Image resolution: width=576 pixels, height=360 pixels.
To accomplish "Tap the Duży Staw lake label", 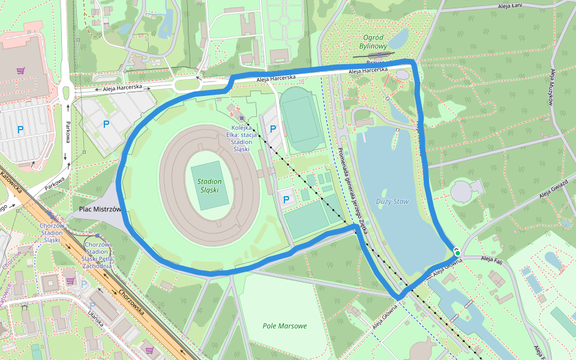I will point(393,202).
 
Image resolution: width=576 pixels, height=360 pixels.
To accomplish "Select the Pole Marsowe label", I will point(284,326).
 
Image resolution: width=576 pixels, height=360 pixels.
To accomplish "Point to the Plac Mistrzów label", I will point(100,209).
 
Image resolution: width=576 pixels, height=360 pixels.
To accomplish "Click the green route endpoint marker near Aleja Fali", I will point(457,253).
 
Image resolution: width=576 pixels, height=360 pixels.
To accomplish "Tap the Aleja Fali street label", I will point(491,260).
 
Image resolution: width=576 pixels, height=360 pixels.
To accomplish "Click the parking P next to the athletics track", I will point(274,128).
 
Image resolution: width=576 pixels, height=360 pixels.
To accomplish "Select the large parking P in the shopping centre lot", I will point(20,129).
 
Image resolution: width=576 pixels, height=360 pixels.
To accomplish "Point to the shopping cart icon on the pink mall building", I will point(20,71).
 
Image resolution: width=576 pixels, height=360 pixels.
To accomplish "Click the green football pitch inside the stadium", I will point(210,185).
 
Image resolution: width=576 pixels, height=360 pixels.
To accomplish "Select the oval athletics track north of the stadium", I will point(302,119).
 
